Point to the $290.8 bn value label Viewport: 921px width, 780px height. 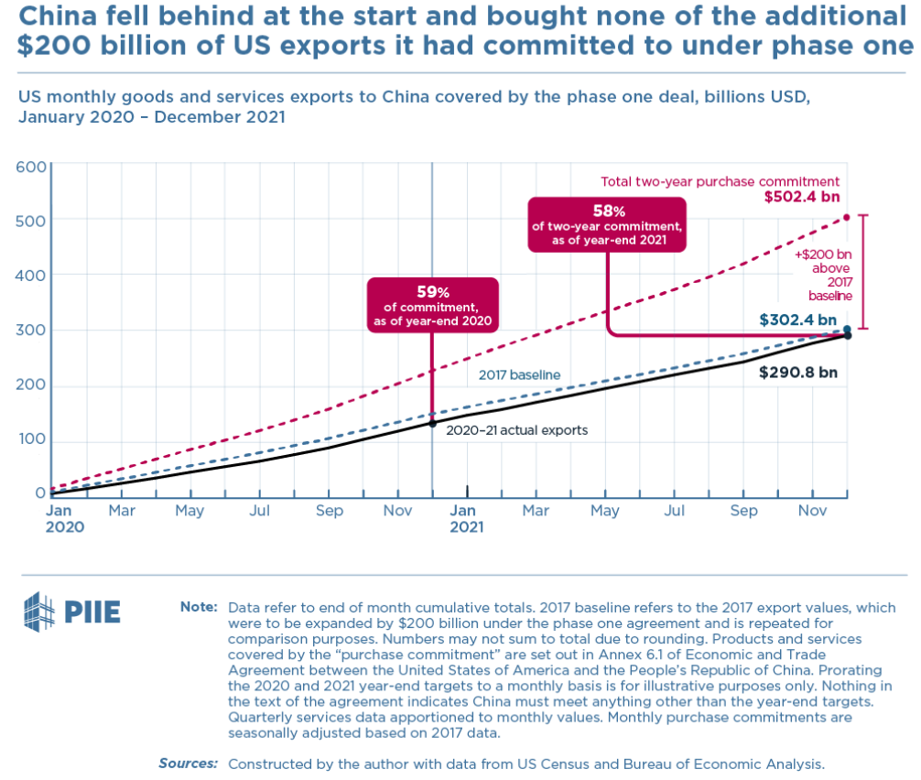pos(798,373)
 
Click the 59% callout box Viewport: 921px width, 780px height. pos(432,305)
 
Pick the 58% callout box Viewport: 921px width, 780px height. pos(607,222)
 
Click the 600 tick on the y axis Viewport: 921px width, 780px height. pos(30,167)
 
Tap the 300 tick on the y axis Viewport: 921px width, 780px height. pos(30,330)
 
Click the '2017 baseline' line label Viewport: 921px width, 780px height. pos(519,374)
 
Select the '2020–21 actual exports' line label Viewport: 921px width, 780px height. pos(517,428)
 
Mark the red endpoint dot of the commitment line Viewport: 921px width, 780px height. pos(847,217)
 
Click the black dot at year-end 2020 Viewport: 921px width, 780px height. pos(432,423)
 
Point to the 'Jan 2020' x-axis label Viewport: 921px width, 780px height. pos(65,518)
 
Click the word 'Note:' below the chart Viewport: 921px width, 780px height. pos(199,608)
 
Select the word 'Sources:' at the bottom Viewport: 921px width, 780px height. pos(188,763)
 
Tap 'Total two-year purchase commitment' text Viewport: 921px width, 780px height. pos(720,181)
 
